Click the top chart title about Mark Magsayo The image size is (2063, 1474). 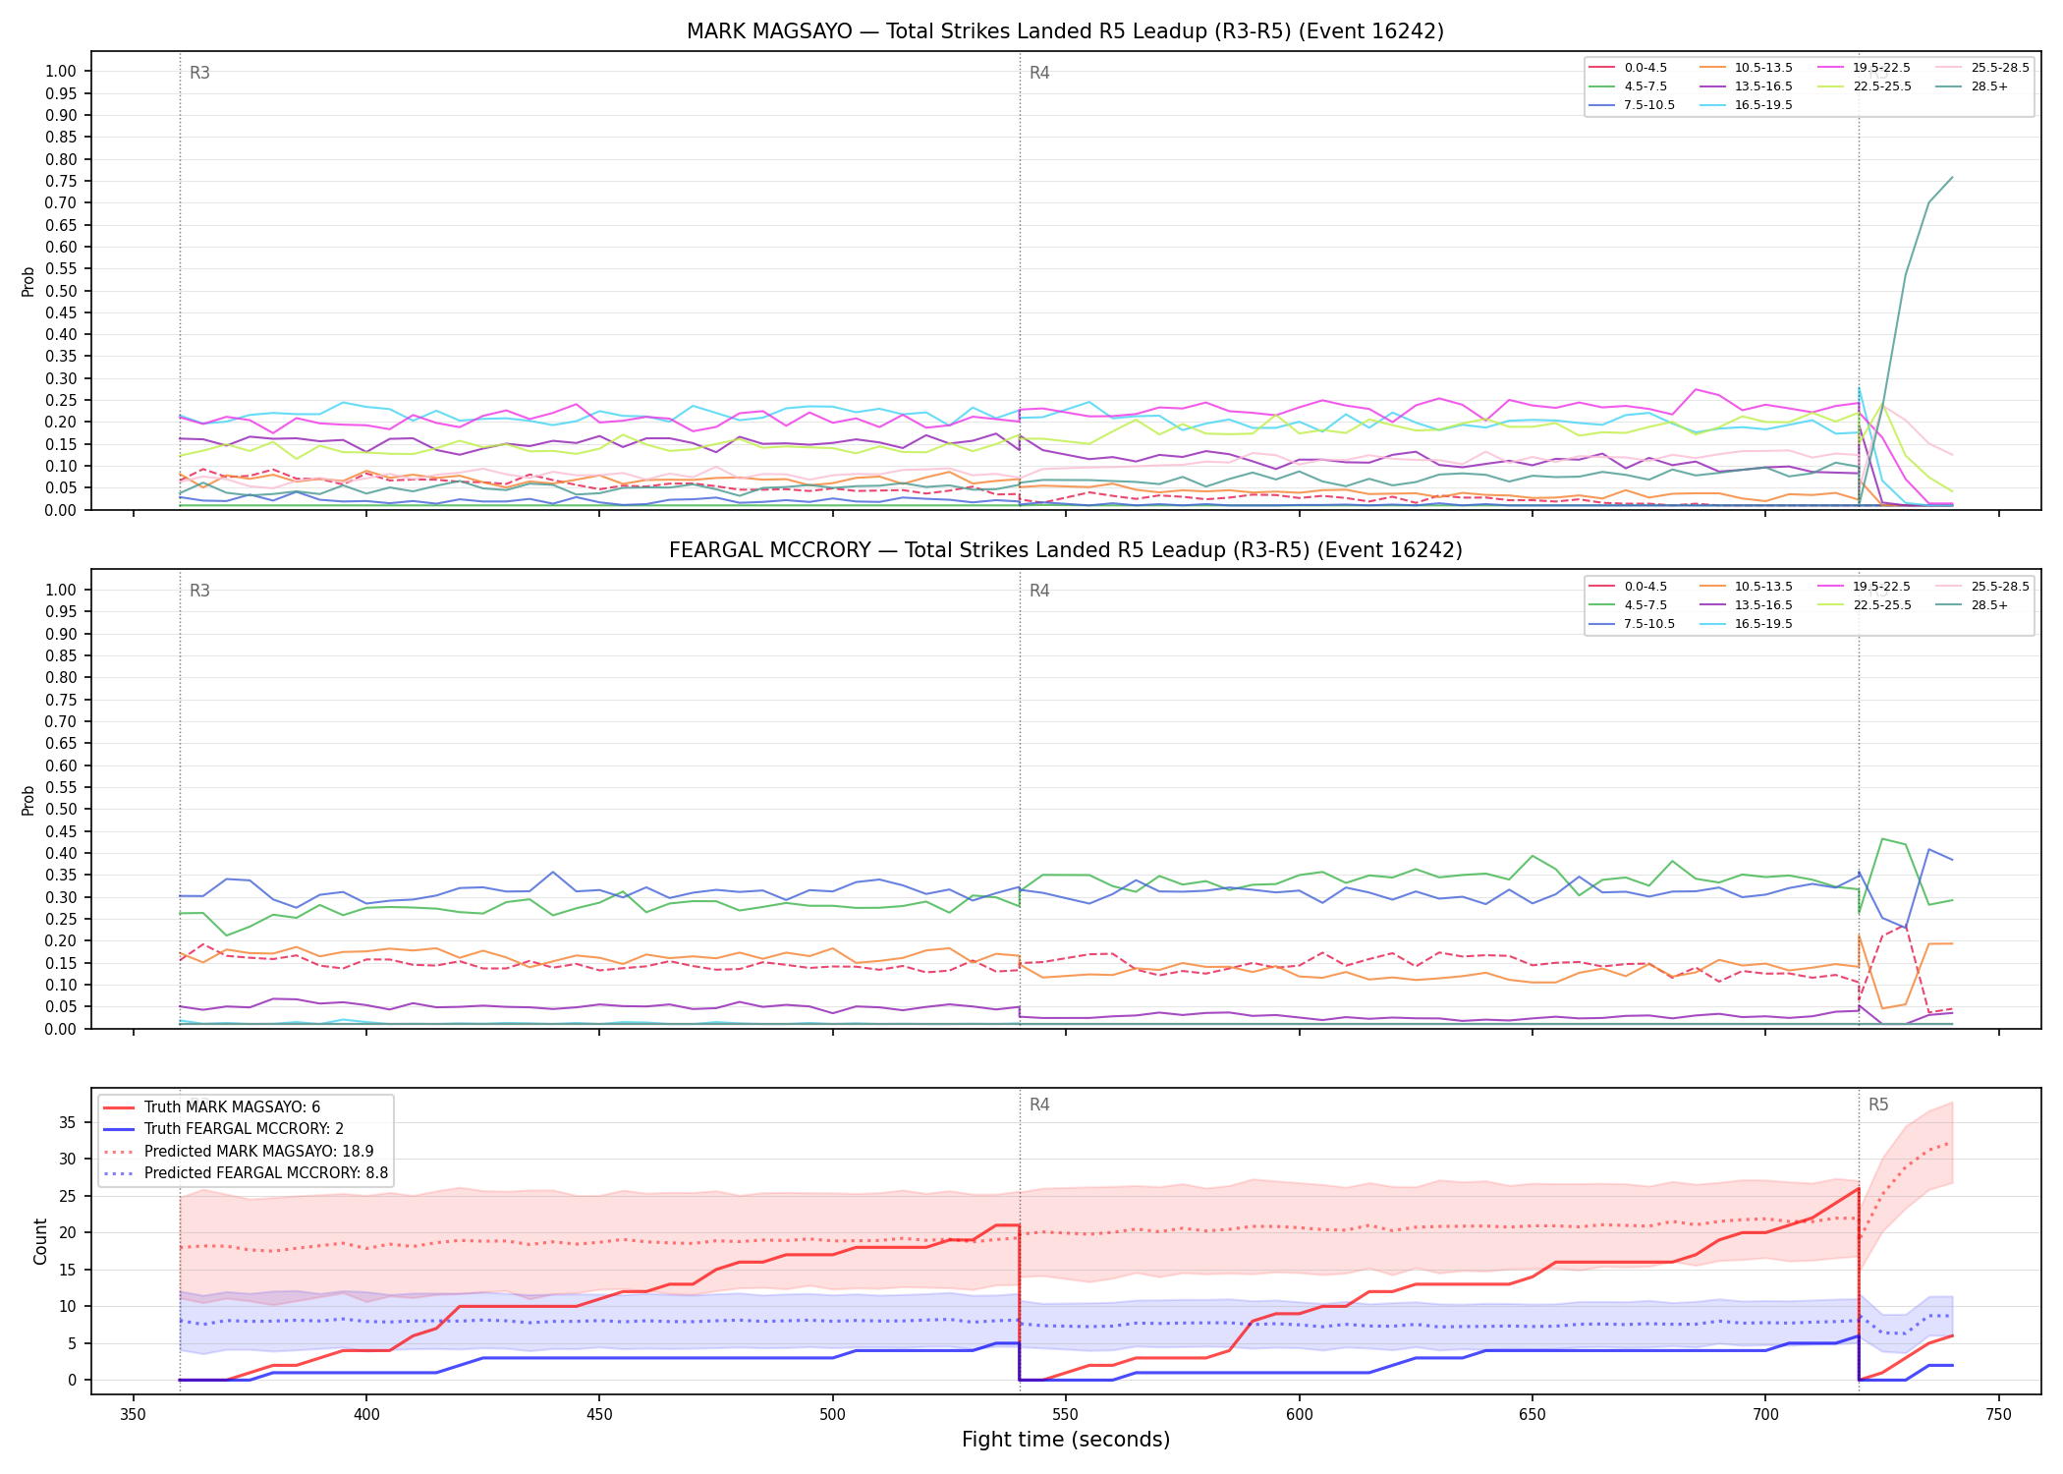coord(1065,31)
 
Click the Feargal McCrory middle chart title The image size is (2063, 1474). coord(1065,550)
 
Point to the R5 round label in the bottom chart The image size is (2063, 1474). coord(1878,1105)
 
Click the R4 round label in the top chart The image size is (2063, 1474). coord(1039,73)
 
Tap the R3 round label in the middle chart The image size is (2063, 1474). coord(199,591)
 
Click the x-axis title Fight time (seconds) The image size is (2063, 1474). coord(1066,1440)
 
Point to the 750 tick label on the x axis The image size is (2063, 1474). coord(1999,1415)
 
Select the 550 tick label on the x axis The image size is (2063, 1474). coord(1066,1415)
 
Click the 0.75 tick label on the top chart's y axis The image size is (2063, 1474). coord(61,181)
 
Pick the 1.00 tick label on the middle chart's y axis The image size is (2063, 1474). coord(61,590)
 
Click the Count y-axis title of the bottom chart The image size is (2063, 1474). coord(40,1241)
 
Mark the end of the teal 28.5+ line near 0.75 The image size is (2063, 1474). coord(1952,178)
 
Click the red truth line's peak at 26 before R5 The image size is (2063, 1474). coord(1859,1188)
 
